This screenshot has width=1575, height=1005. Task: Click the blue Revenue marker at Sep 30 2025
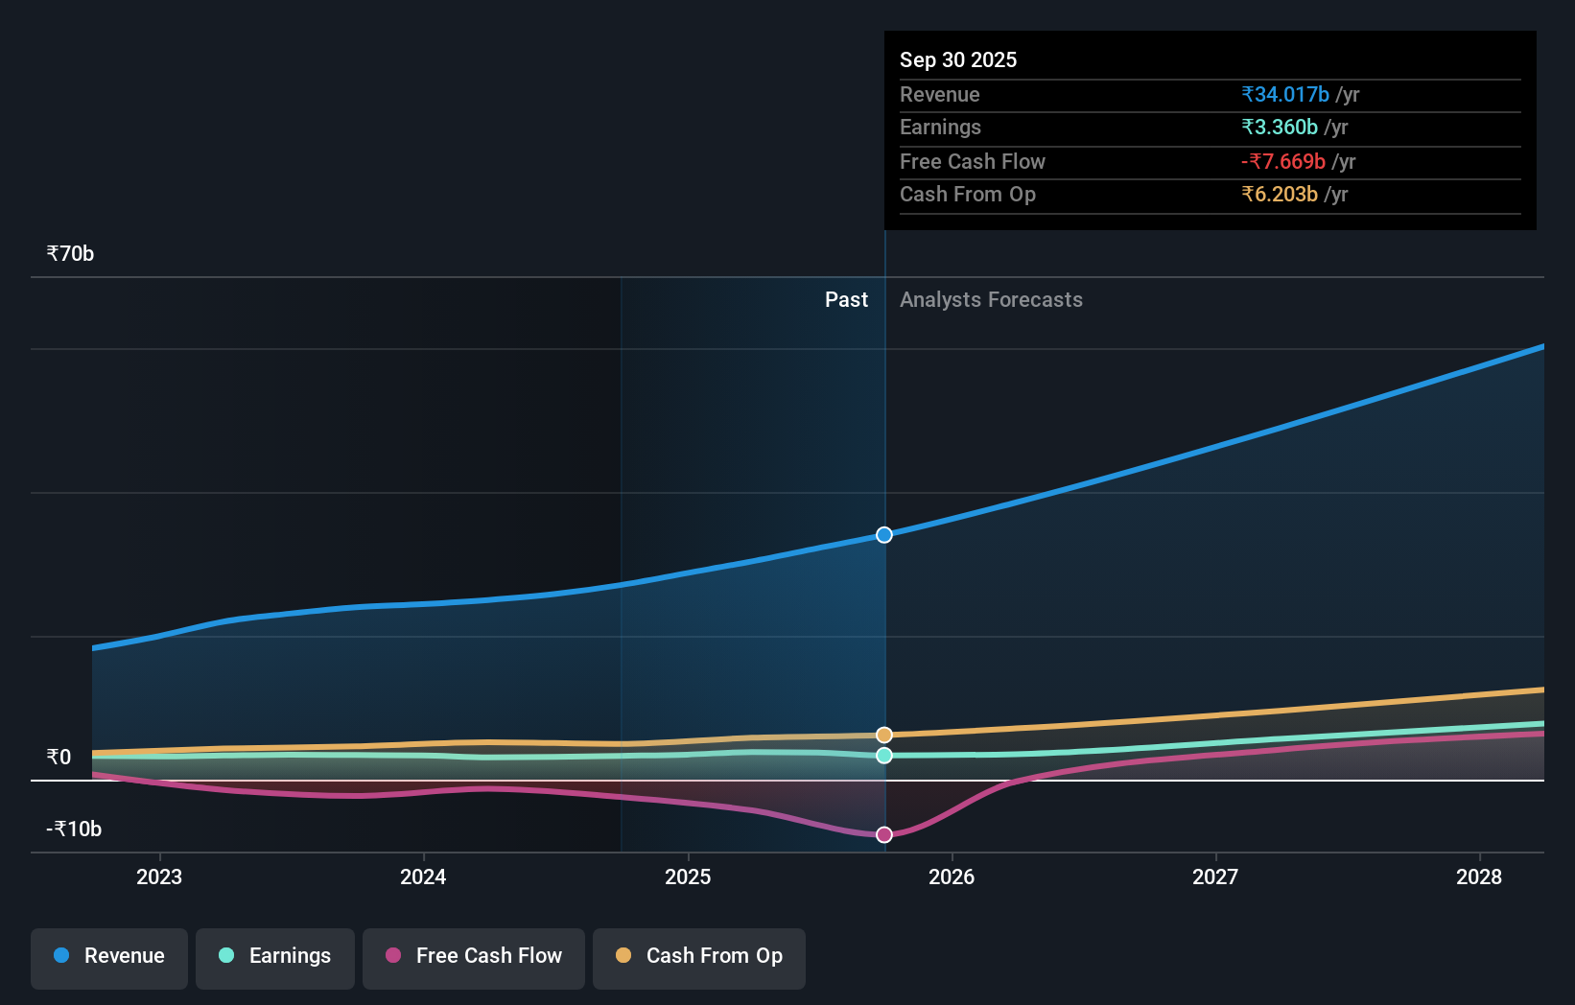tap(884, 535)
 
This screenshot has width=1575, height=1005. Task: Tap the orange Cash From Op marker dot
tap(884, 735)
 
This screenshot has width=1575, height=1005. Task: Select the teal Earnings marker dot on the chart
tap(884, 756)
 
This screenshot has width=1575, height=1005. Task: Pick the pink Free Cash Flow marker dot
tap(884, 835)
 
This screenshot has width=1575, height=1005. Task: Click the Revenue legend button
tap(109, 956)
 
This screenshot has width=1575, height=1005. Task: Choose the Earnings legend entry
tap(275, 956)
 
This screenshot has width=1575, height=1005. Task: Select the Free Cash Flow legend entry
tap(474, 956)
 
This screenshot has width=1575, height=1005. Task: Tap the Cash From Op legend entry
tap(699, 956)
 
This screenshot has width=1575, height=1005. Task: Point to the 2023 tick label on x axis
tap(159, 876)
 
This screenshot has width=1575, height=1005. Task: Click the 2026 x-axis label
tap(952, 876)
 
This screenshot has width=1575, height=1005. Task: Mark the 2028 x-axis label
tap(1479, 876)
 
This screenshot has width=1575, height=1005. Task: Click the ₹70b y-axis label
tap(70, 254)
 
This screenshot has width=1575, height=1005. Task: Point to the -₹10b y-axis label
tap(74, 830)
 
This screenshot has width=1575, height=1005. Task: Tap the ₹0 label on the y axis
tap(59, 758)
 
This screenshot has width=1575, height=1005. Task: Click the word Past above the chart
tap(846, 300)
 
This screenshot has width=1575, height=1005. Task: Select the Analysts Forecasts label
tap(991, 300)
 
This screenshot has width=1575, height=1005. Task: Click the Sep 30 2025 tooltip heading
tap(958, 59)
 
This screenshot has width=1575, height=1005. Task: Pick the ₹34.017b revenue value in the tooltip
tap(1285, 95)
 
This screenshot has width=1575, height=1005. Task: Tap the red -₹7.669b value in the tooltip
tap(1283, 162)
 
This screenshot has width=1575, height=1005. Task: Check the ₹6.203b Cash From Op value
tap(1280, 195)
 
